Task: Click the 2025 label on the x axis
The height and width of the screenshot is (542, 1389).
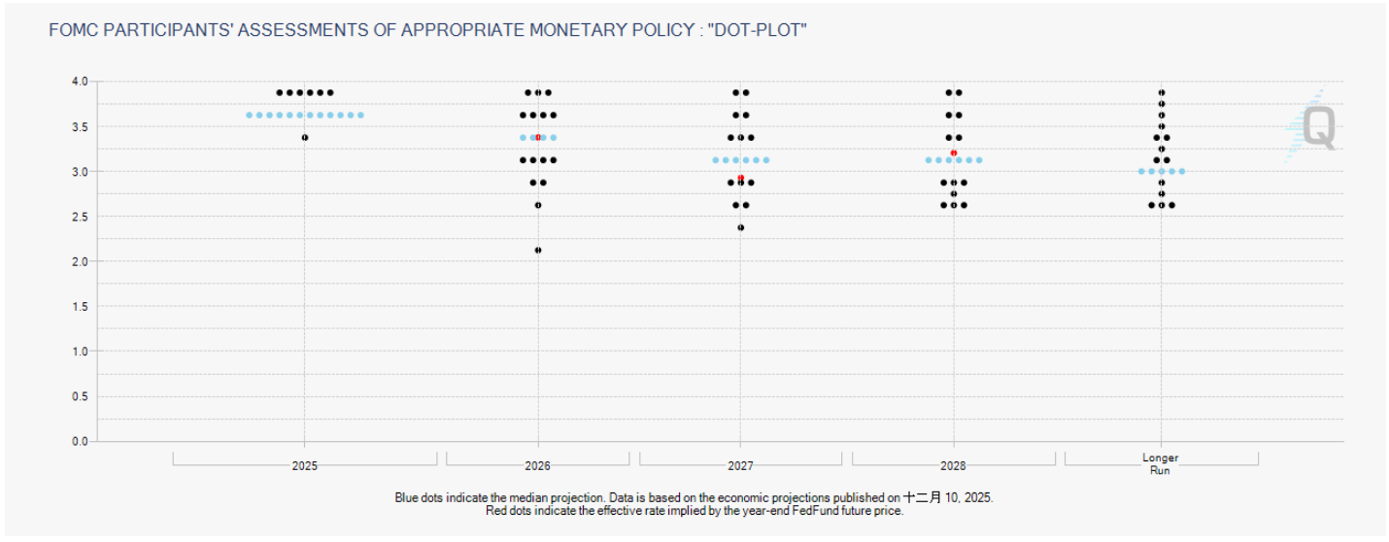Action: click(x=304, y=466)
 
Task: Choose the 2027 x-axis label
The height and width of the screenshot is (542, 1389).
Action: click(x=740, y=466)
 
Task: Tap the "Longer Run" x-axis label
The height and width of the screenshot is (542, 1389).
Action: click(x=1161, y=463)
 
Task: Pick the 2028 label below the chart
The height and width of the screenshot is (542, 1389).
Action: click(x=953, y=466)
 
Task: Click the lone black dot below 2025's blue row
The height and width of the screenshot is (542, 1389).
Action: click(x=305, y=138)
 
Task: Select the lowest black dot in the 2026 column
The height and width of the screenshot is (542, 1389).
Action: click(x=538, y=251)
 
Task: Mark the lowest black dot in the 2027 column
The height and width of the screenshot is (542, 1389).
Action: click(x=740, y=227)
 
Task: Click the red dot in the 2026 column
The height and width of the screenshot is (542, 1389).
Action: click(x=538, y=138)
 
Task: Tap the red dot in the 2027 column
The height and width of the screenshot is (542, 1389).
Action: click(x=740, y=178)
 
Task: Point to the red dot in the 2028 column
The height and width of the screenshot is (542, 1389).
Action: click(x=954, y=153)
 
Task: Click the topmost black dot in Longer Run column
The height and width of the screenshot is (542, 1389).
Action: click(x=1162, y=92)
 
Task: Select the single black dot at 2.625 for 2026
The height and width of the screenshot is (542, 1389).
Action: click(x=538, y=205)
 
